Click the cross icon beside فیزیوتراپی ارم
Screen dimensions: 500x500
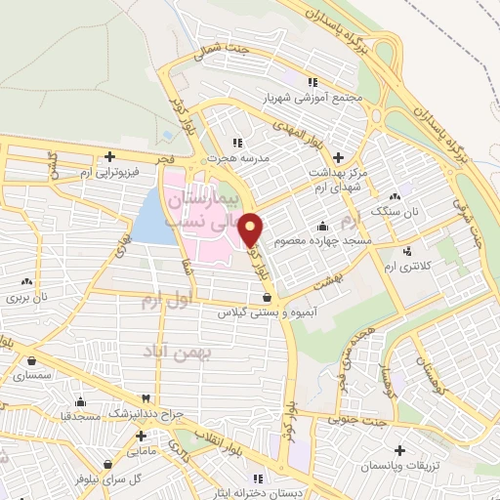tap(109, 156)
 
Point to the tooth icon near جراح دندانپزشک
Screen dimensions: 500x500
tap(145, 399)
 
